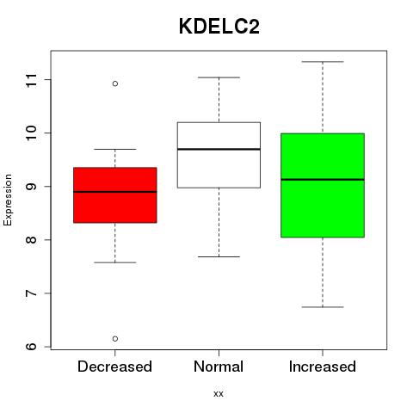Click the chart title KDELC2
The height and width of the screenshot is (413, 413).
pyautogui.click(x=219, y=27)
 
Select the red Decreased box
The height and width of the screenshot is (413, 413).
pyautogui.click(x=115, y=195)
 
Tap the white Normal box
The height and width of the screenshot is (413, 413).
pyautogui.click(x=219, y=155)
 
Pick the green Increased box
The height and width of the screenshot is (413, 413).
pyautogui.click(x=323, y=185)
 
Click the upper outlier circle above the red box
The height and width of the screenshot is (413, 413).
pyautogui.click(x=115, y=83)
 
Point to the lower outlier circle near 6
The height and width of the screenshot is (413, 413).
pyautogui.click(x=115, y=339)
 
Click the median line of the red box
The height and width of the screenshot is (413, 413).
pyautogui.click(x=115, y=192)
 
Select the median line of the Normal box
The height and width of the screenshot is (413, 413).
pyautogui.click(x=219, y=149)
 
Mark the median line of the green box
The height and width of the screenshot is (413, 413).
pyautogui.click(x=323, y=180)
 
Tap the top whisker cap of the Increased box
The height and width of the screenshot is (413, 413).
pyautogui.click(x=323, y=62)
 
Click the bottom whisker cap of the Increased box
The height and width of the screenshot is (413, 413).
pyautogui.click(x=323, y=307)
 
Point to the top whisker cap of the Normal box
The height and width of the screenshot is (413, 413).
pyautogui.click(x=219, y=77)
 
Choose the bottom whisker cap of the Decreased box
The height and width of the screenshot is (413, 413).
pyautogui.click(x=115, y=262)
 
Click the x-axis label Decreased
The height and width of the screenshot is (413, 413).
pyautogui.click(x=114, y=367)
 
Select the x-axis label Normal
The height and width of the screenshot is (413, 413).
pyautogui.click(x=219, y=367)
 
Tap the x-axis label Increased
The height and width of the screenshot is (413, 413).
pyautogui.click(x=323, y=367)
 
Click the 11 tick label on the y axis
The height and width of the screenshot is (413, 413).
pyautogui.click(x=32, y=80)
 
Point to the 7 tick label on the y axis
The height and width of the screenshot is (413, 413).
pyautogui.click(x=32, y=293)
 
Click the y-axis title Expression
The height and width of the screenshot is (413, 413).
pyautogui.click(x=8, y=200)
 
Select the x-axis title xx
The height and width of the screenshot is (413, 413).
pyautogui.click(x=219, y=394)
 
